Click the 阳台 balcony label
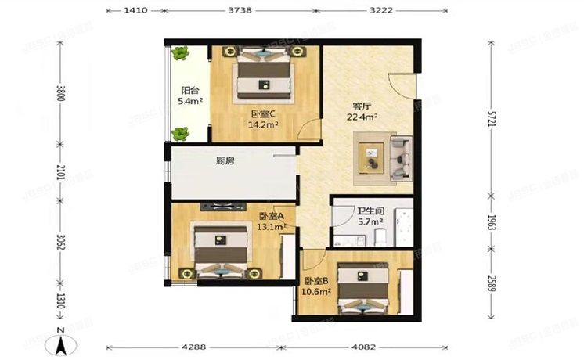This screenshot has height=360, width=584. pyautogui.click(x=189, y=89)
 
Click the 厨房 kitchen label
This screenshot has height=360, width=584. pyautogui.click(x=225, y=161)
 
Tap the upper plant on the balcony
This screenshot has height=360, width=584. pyautogui.click(x=182, y=54)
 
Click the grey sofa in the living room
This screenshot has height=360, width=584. pyautogui.click(x=403, y=156)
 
